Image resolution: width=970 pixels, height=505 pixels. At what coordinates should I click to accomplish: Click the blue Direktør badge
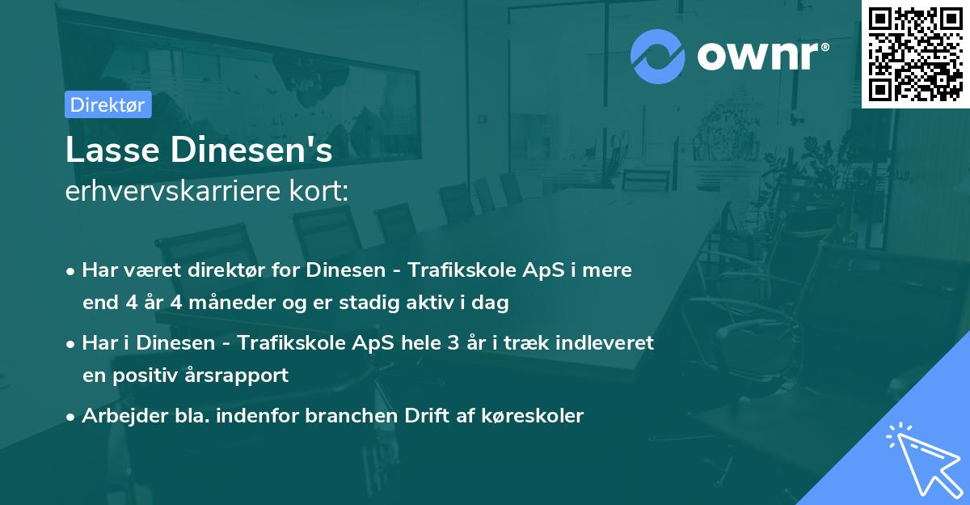108,104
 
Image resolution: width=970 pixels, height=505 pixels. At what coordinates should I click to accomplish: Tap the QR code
916,54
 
